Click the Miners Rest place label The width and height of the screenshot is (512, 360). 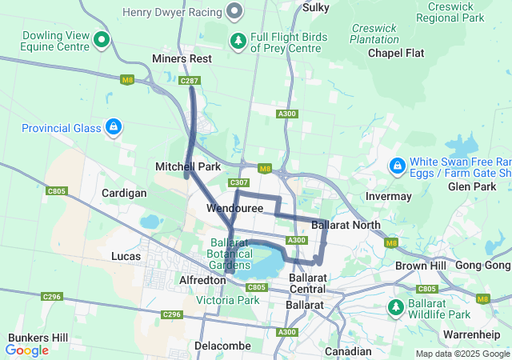coord(182,59)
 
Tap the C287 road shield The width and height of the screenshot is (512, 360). coord(190,81)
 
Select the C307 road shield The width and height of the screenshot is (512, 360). coord(238,183)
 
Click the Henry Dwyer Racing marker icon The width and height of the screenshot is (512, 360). coord(234,11)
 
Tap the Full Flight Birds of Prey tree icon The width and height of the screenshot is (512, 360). coord(238,40)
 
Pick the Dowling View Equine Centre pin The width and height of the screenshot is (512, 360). coord(101,38)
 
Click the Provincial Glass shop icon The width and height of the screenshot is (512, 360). coord(114,127)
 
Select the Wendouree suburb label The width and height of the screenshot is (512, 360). coord(234,208)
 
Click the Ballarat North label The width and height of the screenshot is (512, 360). coord(346,225)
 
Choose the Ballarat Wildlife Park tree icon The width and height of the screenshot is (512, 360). coord(395,307)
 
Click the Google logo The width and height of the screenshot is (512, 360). coord(27,350)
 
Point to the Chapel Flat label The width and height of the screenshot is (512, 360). coord(396,53)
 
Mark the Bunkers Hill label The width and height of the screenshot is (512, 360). coord(38,338)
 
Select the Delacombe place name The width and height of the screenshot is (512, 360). coord(222,346)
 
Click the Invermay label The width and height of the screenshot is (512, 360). coord(388,196)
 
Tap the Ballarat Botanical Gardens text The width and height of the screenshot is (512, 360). coord(230,253)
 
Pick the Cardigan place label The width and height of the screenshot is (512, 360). coord(124,194)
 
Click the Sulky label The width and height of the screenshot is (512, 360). coord(317,7)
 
